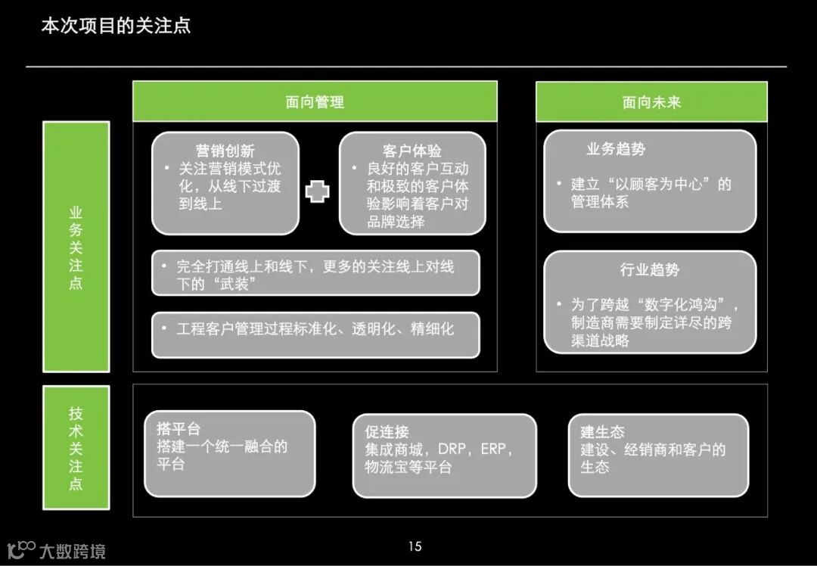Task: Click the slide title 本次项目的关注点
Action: point(116,26)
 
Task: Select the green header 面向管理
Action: point(315,102)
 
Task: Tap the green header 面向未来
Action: point(651,102)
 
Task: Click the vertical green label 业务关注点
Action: point(76,247)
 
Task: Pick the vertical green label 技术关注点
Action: point(76,447)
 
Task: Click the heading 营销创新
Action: point(225,151)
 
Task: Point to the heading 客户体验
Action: point(412,151)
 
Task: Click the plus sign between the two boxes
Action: point(318,191)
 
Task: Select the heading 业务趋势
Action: point(616,149)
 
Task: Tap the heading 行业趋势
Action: point(650,270)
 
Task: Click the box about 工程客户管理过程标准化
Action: point(315,329)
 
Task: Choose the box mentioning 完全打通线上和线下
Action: point(315,275)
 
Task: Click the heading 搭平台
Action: point(179,430)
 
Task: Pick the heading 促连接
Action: point(387,431)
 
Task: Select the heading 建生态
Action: point(602,431)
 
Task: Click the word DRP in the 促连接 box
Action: point(453,449)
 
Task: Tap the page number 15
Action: point(414,546)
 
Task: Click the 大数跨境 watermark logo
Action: point(56,549)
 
